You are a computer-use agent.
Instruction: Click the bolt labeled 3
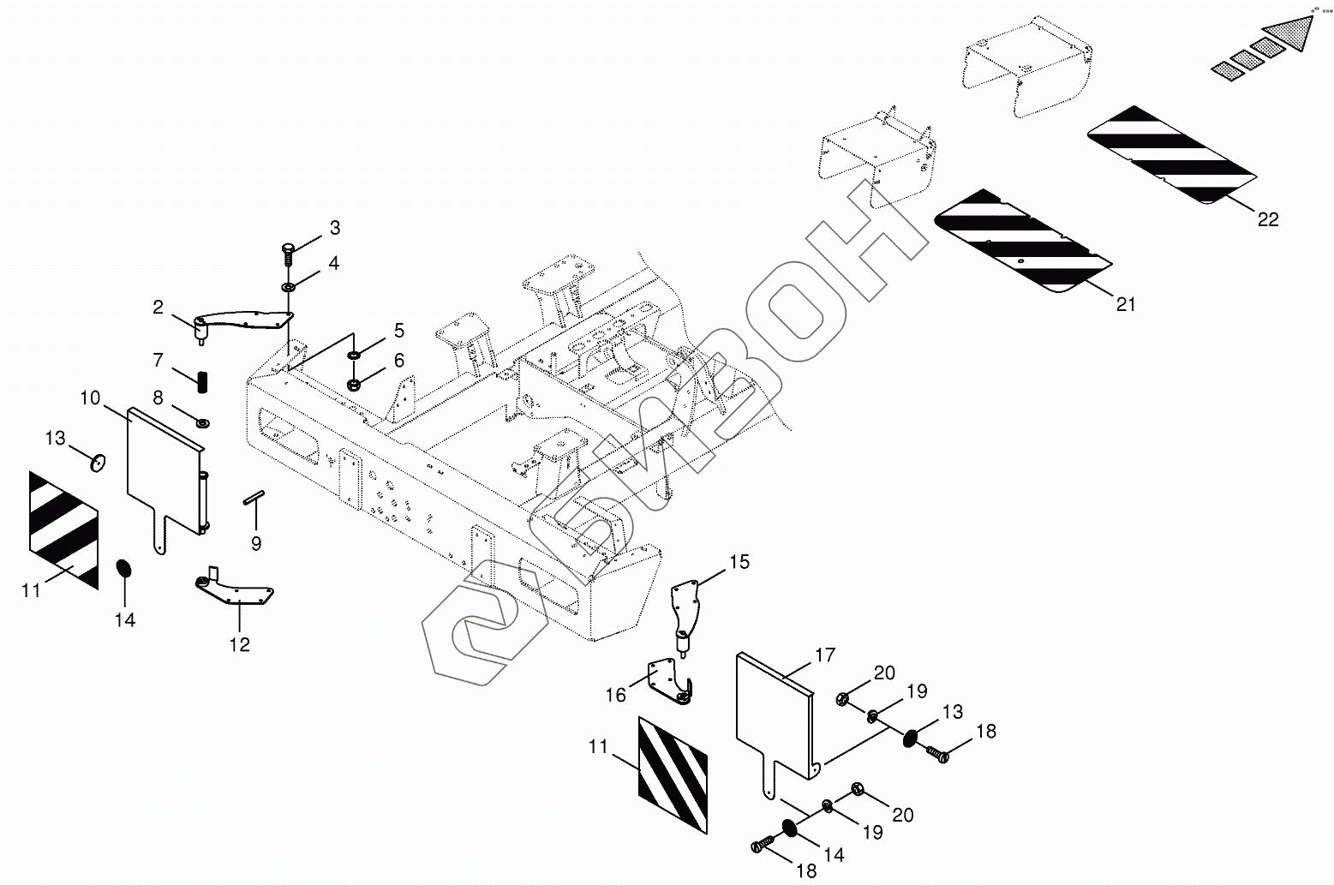[288, 253]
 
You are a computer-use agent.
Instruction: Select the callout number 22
[1268, 219]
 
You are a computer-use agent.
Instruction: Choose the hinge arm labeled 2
[243, 320]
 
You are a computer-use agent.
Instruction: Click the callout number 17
[824, 656]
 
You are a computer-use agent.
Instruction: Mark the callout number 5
[398, 330]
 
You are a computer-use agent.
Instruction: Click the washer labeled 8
[203, 422]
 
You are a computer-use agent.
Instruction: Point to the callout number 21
[1126, 303]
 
